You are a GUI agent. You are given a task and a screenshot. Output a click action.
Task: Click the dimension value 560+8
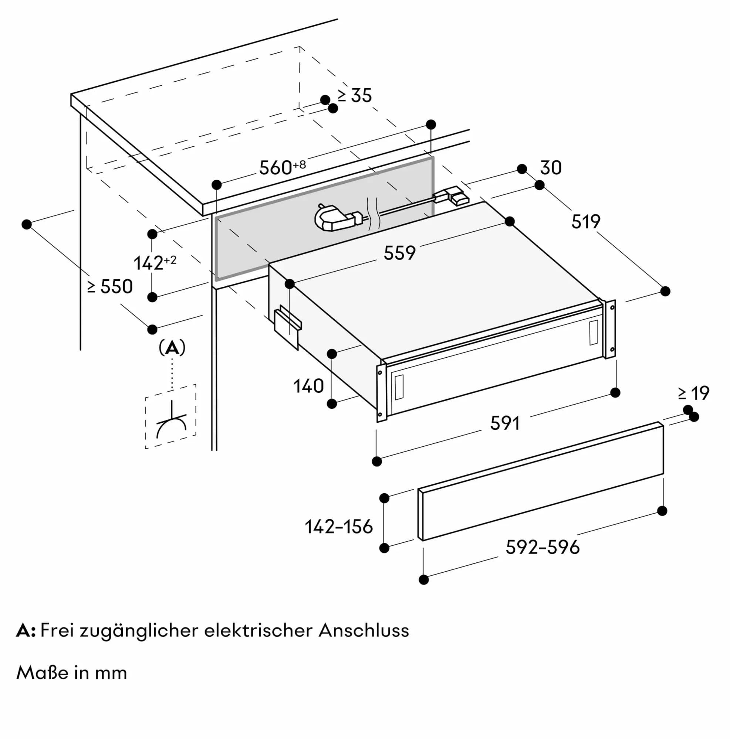[282, 167]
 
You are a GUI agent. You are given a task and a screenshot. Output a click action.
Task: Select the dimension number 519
[585, 221]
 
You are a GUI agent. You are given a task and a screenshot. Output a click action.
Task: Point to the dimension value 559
[399, 253]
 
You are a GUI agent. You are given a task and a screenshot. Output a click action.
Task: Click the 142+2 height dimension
[154, 263]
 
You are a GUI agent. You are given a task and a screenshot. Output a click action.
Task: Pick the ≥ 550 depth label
[110, 286]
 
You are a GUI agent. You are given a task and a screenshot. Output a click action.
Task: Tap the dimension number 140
[308, 386]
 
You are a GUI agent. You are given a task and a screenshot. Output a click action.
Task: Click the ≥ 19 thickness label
[693, 393]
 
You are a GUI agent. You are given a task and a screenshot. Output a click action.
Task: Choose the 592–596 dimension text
[542, 547]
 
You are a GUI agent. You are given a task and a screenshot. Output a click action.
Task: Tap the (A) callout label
[172, 348]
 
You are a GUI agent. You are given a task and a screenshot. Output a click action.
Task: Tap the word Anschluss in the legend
[363, 631]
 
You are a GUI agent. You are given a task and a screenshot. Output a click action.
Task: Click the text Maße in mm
[72, 673]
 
